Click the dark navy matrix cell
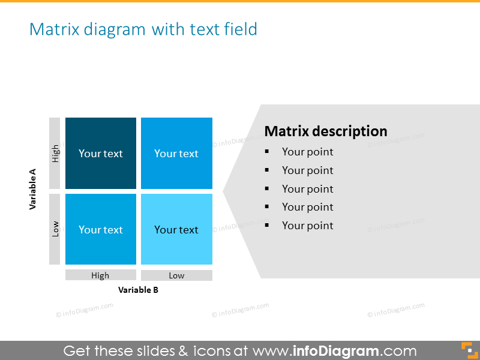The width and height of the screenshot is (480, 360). pos(101,153)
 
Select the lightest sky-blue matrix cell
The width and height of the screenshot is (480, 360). pos(176,229)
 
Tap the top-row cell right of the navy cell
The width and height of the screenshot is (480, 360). pos(176,153)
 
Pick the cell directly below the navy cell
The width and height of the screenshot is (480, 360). pos(101,229)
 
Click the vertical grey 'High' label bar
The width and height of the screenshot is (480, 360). pos(55,153)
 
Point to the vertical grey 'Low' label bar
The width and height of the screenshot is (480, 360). pos(55,229)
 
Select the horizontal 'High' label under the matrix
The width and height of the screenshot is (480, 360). pos(100,275)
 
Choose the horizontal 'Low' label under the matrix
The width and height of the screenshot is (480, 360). pos(176,275)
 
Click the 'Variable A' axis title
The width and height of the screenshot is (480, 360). pos(33,189)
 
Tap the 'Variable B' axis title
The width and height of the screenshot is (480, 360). pos(139,290)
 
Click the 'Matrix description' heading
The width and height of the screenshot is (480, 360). pos(326,131)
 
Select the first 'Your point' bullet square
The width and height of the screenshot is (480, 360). pos(268,152)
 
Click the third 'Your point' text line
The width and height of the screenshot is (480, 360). pos(307,189)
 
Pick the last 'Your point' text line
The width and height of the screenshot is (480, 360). pos(307,226)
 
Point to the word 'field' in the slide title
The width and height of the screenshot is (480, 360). pos(241,29)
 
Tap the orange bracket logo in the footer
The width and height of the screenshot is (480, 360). pos(467,350)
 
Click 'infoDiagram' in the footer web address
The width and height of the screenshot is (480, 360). pos(336,350)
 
